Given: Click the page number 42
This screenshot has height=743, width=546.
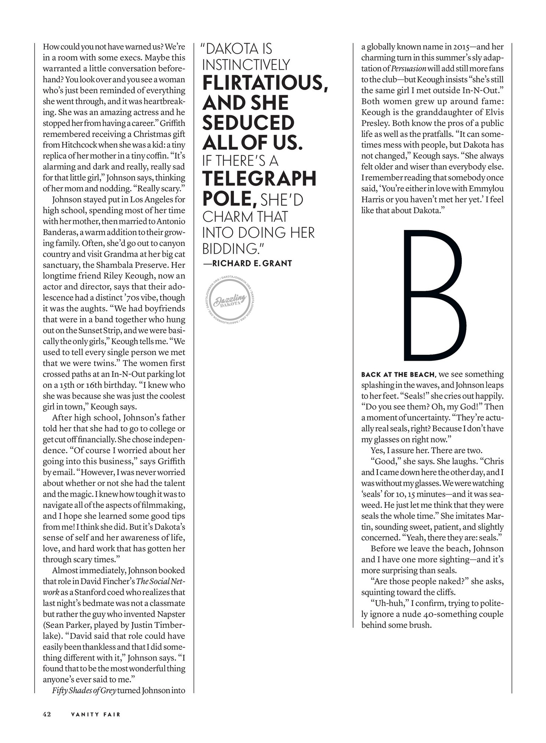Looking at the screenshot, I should click(47, 714).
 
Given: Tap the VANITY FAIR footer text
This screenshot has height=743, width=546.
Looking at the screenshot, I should click(96, 714).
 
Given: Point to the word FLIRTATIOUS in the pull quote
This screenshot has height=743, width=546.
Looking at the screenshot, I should click(265, 82).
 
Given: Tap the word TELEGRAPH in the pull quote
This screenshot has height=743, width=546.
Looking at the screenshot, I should click(259, 179).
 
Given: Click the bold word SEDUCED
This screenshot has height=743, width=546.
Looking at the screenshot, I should click(248, 123).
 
